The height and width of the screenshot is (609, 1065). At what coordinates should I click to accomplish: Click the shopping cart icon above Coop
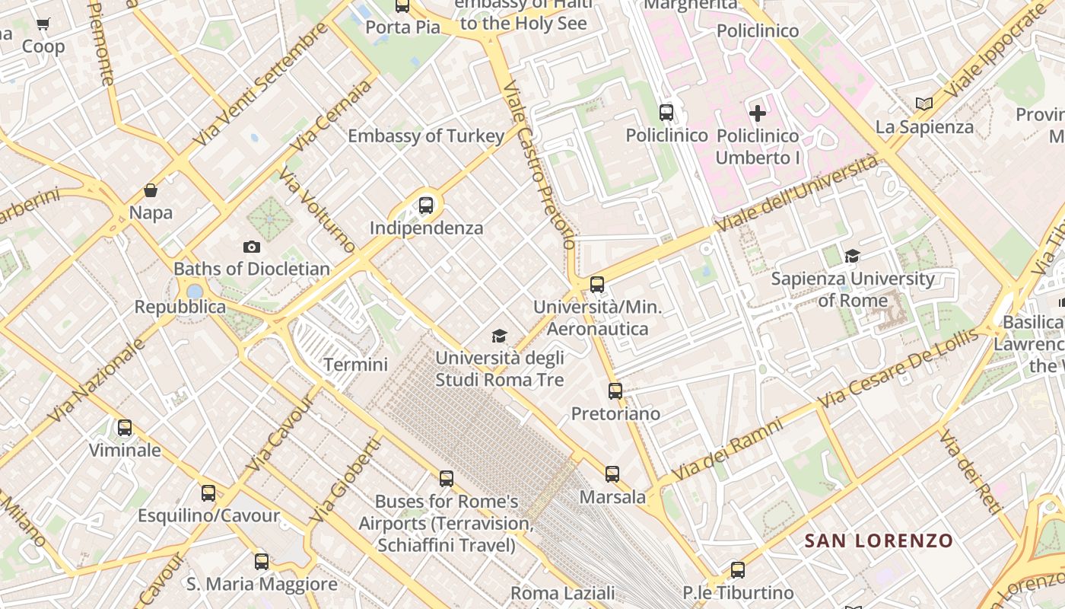tap(43, 24)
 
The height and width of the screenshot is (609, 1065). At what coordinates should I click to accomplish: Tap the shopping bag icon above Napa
tap(151, 190)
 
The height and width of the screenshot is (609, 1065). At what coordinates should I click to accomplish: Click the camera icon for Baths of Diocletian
tap(252, 247)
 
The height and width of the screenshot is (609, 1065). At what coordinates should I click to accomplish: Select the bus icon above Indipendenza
tap(426, 205)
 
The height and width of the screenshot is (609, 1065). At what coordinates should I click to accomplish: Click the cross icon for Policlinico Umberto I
tap(758, 113)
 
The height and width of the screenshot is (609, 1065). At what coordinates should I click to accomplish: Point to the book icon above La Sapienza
tap(924, 104)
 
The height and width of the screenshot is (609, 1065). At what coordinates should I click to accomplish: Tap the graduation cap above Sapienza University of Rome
tap(852, 257)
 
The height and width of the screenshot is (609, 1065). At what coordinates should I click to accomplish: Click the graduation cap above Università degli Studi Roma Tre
tap(499, 336)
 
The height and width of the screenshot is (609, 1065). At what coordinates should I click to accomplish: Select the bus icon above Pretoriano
tap(615, 391)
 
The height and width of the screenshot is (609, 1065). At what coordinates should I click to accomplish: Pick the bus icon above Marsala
tap(612, 474)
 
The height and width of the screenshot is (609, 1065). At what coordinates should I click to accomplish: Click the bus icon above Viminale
tap(125, 428)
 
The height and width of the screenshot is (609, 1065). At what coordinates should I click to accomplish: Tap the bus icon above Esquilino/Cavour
tap(208, 493)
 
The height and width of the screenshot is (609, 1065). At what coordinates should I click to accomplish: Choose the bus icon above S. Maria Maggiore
tap(262, 562)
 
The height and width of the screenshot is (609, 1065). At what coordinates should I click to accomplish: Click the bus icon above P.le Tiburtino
tap(737, 570)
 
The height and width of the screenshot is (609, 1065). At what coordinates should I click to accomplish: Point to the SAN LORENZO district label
tap(879, 541)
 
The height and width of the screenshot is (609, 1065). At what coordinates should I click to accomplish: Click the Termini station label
tap(355, 365)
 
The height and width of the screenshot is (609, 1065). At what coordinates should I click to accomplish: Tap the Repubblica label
tap(180, 307)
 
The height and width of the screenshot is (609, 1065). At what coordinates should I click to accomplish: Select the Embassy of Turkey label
tap(426, 136)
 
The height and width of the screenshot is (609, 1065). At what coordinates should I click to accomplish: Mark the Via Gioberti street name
tap(345, 480)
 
